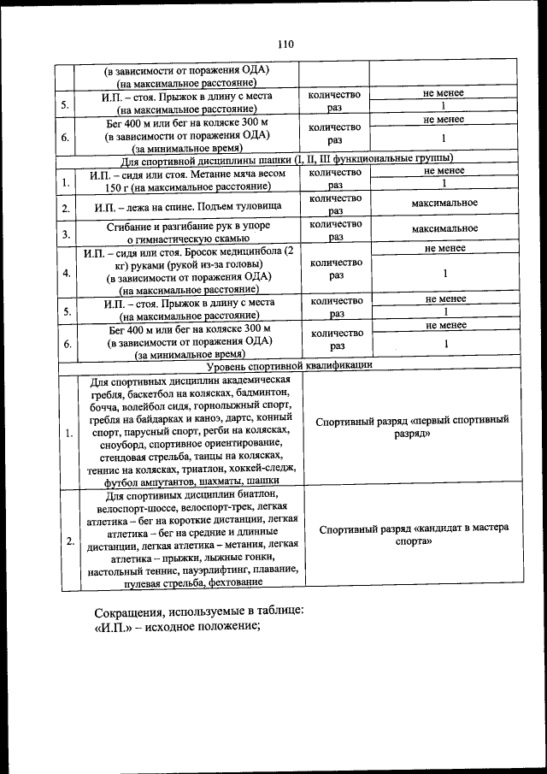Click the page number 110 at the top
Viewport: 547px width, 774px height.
point(285,44)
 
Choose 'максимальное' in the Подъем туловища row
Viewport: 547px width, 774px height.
point(444,203)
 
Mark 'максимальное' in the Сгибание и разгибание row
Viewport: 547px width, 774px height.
point(444,229)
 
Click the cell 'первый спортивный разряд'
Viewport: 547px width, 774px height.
point(411,427)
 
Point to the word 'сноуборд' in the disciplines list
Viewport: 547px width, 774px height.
point(123,445)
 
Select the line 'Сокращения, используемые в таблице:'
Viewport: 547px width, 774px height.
point(198,612)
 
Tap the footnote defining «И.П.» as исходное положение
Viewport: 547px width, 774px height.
point(175,627)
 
